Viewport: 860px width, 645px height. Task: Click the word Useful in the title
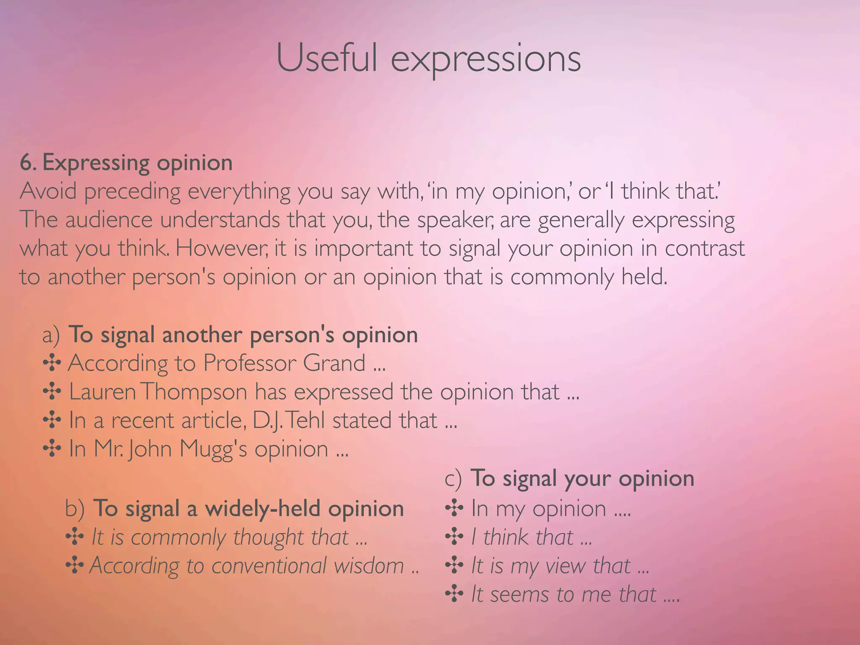(x=327, y=59)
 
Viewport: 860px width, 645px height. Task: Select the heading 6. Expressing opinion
(x=126, y=163)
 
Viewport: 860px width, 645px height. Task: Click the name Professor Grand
(x=284, y=364)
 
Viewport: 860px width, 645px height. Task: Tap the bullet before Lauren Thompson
(x=52, y=391)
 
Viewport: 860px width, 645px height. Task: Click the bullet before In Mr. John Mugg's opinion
(x=52, y=449)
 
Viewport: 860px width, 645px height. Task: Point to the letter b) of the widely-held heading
(x=75, y=509)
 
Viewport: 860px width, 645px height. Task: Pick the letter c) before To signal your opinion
(x=453, y=479)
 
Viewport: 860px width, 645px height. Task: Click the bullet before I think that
(x=454, y=537)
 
